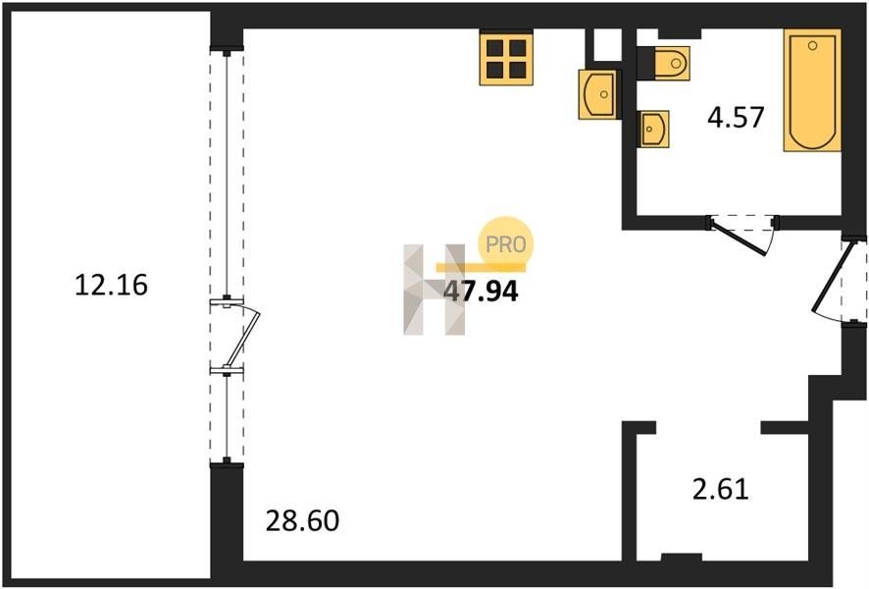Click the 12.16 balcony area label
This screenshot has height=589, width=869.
click(111, 285)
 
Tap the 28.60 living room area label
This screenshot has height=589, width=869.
click(302, 521)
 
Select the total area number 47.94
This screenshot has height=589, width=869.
click(481, 292)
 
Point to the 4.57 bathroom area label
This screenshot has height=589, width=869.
click(736, 117)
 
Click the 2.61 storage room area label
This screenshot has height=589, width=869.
click(721, 489)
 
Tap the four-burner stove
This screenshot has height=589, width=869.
click(506, 59)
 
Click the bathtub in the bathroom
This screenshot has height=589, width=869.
click(812, 90)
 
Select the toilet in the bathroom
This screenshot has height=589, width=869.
click(672, 63)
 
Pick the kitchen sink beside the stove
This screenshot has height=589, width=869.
click(598, 94)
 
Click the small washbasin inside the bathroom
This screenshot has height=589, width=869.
click(654, 130)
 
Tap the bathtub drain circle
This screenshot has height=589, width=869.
click(812, 45)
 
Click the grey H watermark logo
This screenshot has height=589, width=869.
click(434, 290)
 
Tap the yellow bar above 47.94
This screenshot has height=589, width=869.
click(481, 268)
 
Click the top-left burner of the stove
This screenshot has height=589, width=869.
click(494, 48)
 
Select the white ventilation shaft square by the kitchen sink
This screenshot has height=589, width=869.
click(607, 44)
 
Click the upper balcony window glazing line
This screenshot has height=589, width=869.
click(227, 176)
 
